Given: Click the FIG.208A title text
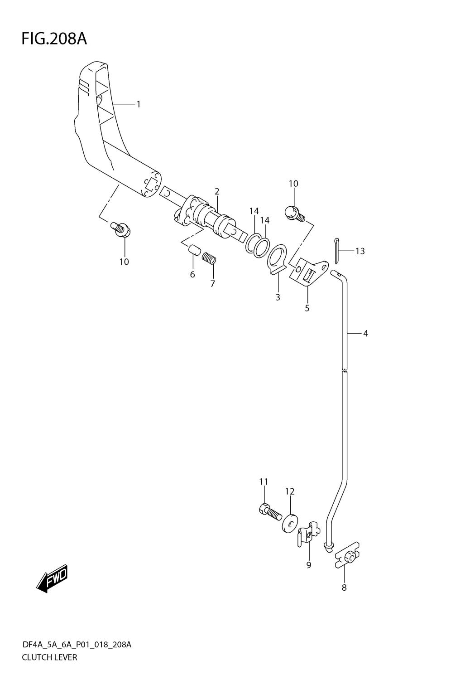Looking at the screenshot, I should (54, 39).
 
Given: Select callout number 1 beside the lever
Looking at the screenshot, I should (139, 105).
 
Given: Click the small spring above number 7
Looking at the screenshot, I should (210, 258).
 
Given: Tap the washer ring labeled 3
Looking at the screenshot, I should (277, 259).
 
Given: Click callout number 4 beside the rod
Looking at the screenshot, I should (365, 334).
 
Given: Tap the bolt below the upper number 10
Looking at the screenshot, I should (295, 213).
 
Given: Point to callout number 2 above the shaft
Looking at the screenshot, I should (217, 191).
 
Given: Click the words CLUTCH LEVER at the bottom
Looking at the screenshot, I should (49, 657).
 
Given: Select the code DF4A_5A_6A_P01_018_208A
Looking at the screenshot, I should (77, 645).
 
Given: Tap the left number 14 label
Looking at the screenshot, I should (254, 211).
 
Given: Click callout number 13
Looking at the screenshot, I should (360, 251).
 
